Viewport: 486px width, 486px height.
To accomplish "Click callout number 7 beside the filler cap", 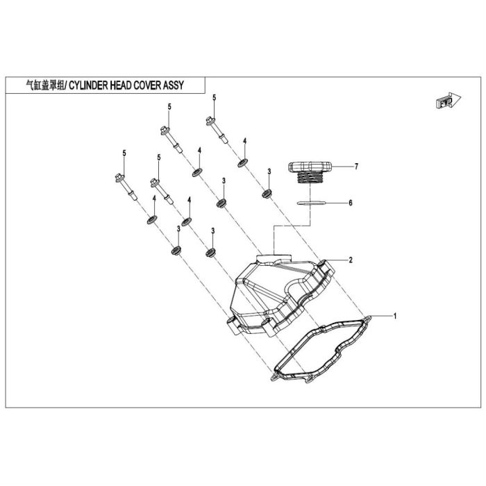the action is (356, 167).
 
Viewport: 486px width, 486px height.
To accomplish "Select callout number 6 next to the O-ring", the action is (351, 203).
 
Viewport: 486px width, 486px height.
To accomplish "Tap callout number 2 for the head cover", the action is (351, 260).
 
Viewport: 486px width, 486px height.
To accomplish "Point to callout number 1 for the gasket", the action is (395, 316).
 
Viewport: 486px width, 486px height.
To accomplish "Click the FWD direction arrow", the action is (449, 101).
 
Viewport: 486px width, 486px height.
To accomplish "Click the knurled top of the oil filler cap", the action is (310, 167).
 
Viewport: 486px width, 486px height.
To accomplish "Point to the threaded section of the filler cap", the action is (310, 178).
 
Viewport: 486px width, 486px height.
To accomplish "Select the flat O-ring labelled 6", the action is (312, 203).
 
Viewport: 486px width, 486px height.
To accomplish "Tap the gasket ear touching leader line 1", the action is (367, 318).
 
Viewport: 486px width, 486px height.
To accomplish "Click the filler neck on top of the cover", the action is (274, 258).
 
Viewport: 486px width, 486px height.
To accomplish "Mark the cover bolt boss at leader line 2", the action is (324, 265).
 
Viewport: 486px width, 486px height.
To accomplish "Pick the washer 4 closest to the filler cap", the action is (243, 162).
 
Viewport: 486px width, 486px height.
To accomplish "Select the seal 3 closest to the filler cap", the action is (267, 194).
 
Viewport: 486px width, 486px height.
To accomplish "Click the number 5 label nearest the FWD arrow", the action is (214, 98).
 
